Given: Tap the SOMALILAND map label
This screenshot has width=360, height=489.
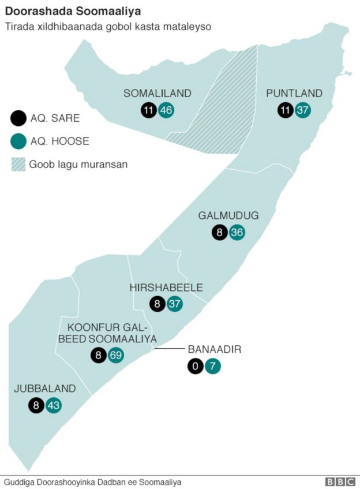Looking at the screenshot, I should [x=157, y=94].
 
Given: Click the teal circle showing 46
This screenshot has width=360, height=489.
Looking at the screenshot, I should [x=167, y=110].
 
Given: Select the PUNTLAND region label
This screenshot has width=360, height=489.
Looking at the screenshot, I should [x=294, y=94].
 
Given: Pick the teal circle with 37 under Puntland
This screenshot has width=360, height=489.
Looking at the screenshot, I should [x=303, y=110].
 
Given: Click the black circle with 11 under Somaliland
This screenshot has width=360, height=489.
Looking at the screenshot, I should [x=149, y=110].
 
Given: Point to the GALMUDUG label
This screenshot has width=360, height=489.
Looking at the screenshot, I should [x=228, y=216].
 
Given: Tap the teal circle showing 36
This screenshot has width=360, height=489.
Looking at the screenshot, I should [x=237, y=233].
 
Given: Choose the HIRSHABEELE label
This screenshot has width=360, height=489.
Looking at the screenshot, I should [x=166, y=288].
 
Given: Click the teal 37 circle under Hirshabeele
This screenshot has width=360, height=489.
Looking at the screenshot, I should [x=175, y=304].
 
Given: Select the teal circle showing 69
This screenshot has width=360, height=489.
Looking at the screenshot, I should [x=116, y=355].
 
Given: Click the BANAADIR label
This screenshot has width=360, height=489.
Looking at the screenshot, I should [x=214, y=349].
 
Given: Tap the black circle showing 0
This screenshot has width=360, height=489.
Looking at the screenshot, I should [x=195, y=366].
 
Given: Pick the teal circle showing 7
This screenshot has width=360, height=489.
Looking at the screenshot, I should [x=213, y=366].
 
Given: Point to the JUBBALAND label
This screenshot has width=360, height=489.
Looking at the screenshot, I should [x=45, y=389].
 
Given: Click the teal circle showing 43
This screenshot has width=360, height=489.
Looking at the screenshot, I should [x=54, y=405].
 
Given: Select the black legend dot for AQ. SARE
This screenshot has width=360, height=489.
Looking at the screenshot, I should [x=18, y=118].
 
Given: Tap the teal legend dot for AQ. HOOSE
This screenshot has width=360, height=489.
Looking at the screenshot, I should [x=18, y=141].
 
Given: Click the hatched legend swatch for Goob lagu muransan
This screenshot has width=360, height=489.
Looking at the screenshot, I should [x=18, y=164].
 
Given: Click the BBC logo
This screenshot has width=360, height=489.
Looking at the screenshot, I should [x=340, y=482].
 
